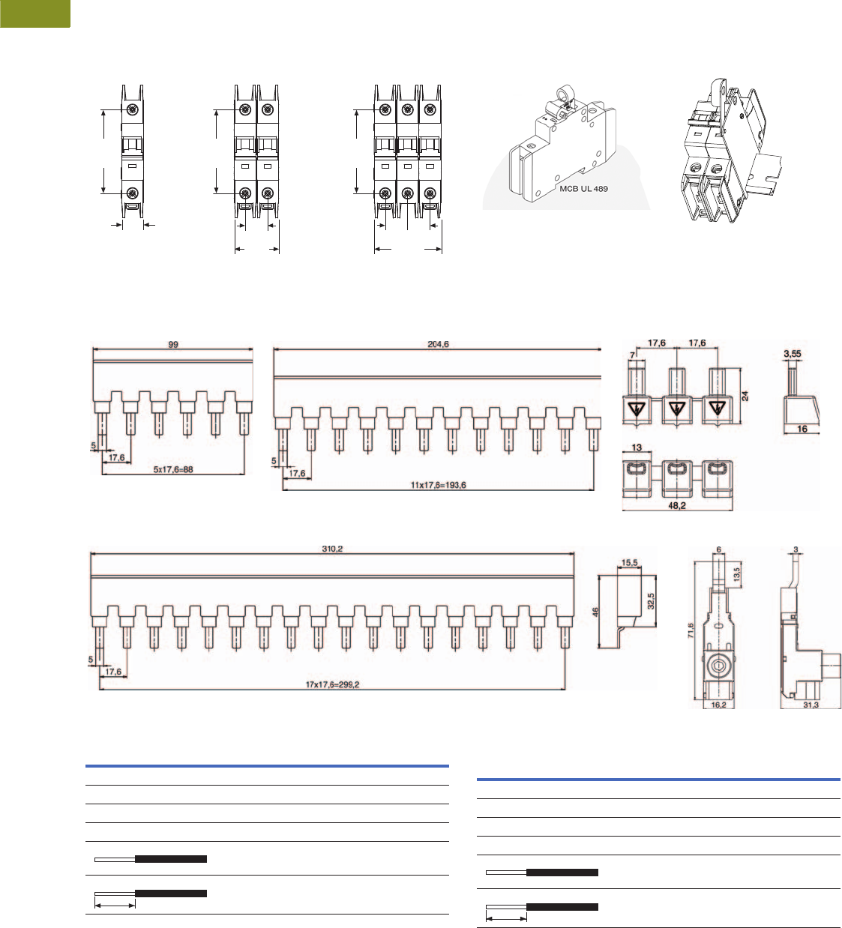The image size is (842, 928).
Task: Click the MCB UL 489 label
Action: click(583, 189)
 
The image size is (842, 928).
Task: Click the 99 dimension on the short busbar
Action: click(173, 344)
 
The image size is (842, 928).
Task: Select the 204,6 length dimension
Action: click(438, 344)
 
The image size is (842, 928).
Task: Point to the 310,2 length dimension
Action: click(332, 549)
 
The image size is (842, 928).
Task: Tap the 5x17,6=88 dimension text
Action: click(173, 469)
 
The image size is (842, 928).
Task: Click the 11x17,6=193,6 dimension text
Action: click(439, 485)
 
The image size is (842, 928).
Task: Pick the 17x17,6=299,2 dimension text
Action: click(332, 684)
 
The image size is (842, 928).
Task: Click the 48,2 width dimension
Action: click(677, 506)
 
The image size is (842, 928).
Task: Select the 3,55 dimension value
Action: click(792, 354)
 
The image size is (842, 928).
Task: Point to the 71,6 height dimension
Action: click(691, 631)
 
